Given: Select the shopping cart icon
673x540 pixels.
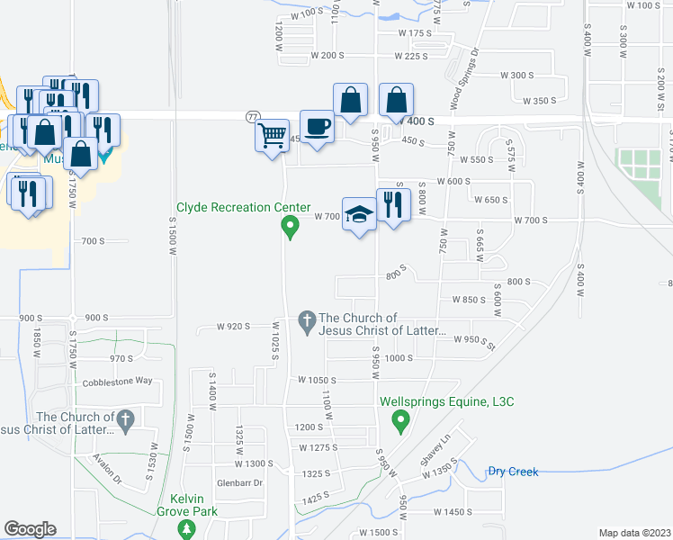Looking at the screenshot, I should click(272, 137).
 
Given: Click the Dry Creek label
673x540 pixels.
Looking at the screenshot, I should click(513, 471).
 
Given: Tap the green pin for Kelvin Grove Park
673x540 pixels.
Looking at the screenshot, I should click(186, 529).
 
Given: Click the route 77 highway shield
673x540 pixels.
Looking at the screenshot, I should click(253, 117).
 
